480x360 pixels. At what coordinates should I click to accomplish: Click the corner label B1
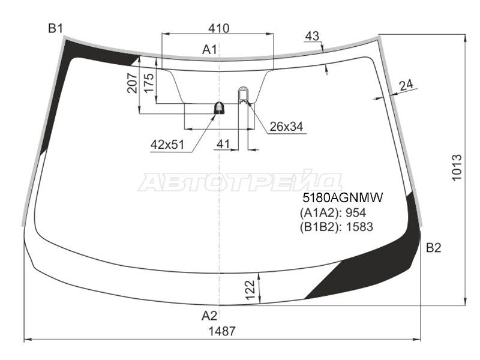tap(55, 28)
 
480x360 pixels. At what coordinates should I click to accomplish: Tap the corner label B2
tap(433, 248)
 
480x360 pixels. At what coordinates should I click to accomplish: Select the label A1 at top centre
tap(209, 49)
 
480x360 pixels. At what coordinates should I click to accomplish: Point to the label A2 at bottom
tap(209, 316)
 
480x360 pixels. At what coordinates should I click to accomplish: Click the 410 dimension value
tap(218, 28)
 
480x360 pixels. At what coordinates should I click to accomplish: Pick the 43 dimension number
tap(312, 36)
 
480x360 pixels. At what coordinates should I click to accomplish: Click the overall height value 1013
tap(457, 168)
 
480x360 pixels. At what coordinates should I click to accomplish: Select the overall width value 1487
tap(222, 331)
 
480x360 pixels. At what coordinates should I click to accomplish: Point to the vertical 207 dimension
tap(132, 83)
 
